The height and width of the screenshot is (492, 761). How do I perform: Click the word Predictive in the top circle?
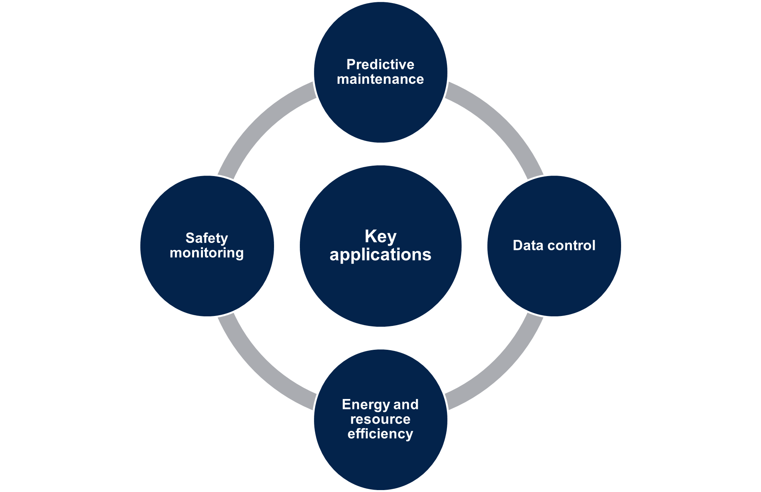tap(380, 65)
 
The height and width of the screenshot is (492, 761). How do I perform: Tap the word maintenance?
tap(380, 79)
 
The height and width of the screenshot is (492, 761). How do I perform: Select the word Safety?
tap(207, 238)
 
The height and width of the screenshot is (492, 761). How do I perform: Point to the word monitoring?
tap(207, 253)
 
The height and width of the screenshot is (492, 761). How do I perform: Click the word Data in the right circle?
tap(528, 245)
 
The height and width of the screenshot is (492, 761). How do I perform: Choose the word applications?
tap(380, 254)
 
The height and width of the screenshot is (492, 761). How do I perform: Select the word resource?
tap(380, 419)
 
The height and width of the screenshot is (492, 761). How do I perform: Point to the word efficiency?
tap(380, 434)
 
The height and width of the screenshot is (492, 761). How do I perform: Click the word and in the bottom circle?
tap(406, 404)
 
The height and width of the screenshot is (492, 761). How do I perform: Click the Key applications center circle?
tap(380, 292)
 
